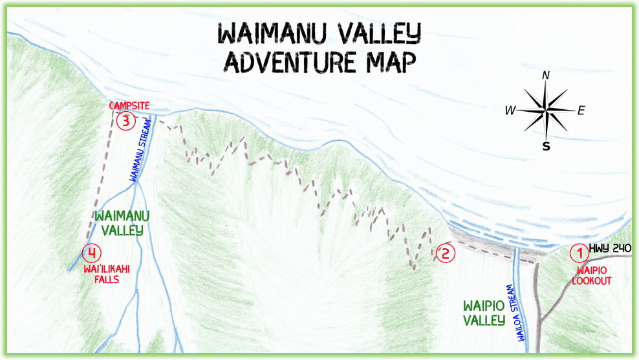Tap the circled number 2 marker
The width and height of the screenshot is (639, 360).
point(445,253)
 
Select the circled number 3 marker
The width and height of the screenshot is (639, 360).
point(127,120)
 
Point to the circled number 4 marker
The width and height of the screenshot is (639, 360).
point(92,252)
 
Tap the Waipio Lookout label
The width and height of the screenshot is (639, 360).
point(590,275)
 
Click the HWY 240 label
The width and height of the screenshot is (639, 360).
point(609,248)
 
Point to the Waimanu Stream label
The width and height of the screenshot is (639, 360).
point(141,149)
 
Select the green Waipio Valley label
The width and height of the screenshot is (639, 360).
point(484,313)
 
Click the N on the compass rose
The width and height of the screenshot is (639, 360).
point(546,76)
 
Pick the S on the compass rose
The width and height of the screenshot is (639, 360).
point(547,146)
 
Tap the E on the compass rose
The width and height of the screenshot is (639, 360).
point(581,111)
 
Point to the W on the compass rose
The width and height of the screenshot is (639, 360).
point(510,111)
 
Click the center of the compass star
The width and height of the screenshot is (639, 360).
point(547,110)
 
